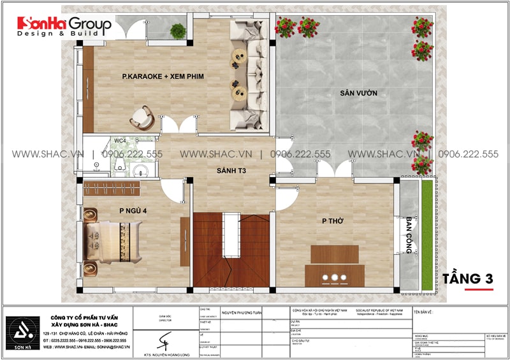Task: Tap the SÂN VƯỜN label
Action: pos(358,94)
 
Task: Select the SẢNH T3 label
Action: pos(231,171)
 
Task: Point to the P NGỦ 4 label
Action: pos(133,210)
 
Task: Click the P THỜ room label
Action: pos(333,220)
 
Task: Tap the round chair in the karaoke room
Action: pos(142,117)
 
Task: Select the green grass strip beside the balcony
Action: pos(425,233)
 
